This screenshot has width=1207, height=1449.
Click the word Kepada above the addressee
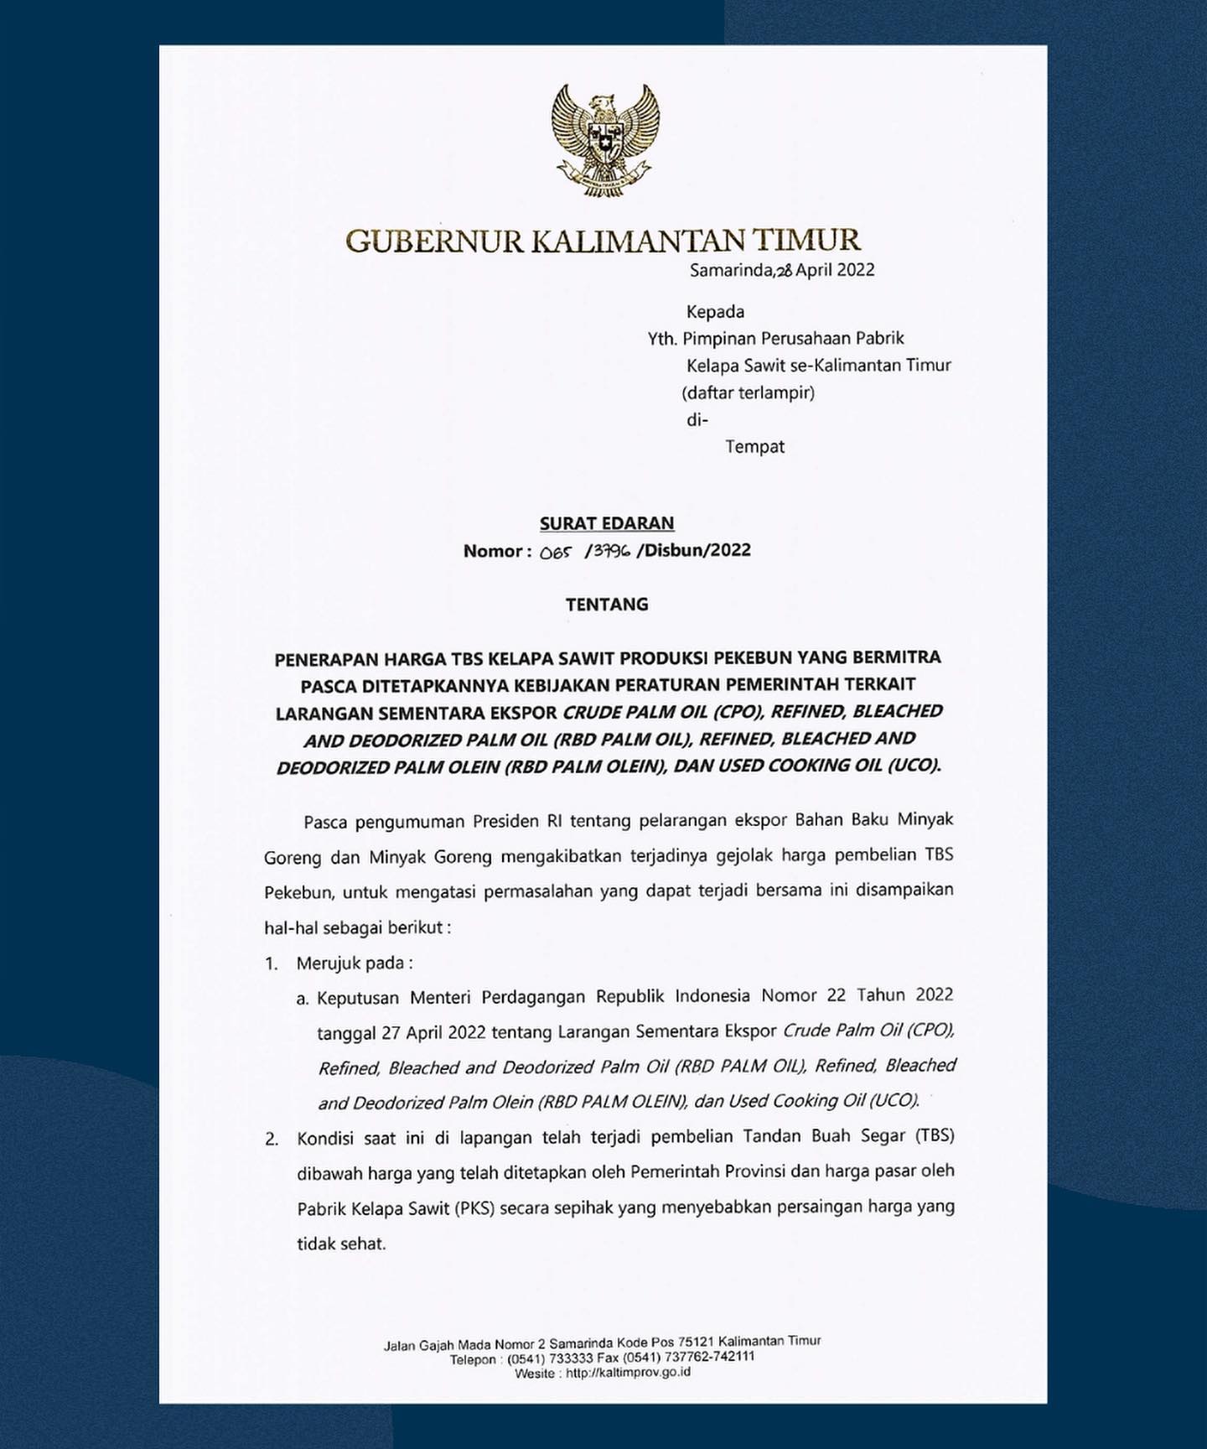[715, 312]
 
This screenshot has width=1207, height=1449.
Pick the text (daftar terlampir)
[748, 392]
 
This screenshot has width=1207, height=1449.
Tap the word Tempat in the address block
[754, 446]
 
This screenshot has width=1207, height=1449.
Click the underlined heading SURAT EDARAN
[607, 523]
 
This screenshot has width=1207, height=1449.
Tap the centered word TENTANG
[607, 605]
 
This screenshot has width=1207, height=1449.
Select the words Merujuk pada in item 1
[354, 963]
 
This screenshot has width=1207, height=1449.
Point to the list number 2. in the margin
[271, 1139]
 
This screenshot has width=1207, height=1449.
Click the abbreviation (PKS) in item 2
[475, 1208]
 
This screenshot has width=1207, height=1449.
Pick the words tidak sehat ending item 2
[341, 1244]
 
